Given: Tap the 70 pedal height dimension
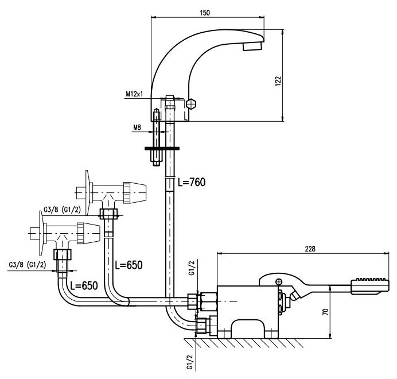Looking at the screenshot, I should (x=325, y=314).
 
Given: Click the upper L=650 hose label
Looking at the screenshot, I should (x=129, y=265).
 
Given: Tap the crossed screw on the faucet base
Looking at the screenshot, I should (x=192, y=106).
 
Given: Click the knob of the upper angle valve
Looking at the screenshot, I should (x=135, y=191).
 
